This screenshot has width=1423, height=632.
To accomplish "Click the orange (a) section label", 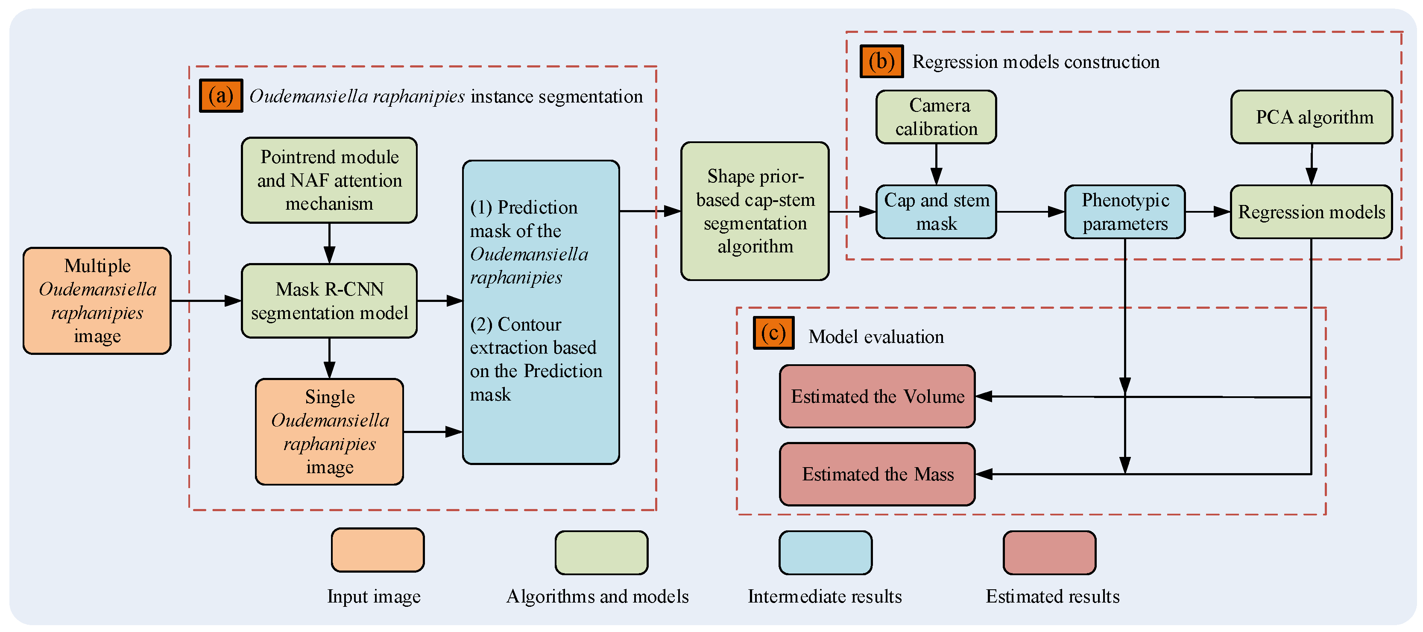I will click(220, 96).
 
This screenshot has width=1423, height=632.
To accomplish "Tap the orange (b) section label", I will click(881, 61).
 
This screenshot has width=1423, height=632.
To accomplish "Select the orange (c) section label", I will click(773, 333).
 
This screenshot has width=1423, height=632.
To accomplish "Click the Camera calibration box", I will click(936, 117).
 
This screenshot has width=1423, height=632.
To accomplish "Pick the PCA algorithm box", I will click(1312, 117).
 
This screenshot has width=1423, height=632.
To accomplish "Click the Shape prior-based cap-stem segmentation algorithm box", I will click(755, 211).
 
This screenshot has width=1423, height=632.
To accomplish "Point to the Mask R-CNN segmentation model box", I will click(329, 301).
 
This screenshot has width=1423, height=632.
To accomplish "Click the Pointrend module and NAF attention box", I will click(329, 180).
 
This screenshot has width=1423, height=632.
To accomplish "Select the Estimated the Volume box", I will click(877, 396).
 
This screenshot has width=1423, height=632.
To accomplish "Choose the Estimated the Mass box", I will click(877, 474).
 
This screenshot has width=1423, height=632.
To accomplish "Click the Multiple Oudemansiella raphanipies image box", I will click(97, 301).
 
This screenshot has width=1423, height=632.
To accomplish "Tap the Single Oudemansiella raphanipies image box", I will click(329, 432).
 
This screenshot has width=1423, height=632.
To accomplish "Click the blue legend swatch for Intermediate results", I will click(825, 553).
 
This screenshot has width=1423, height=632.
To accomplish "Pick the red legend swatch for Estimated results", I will click(1049, 553).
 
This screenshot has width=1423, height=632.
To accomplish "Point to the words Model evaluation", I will click(876, 337).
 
